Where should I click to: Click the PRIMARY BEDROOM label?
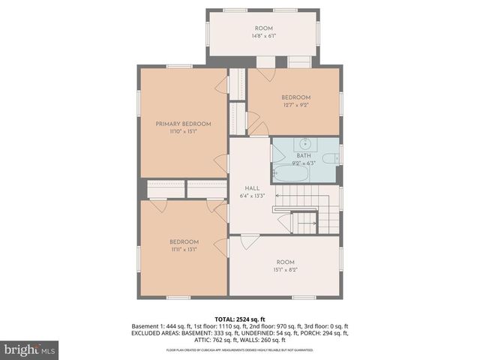pos(183,124)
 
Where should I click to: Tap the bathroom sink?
pos(306,143)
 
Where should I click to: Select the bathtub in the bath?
pos(291,174)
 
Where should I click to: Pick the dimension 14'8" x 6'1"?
pos(262,35)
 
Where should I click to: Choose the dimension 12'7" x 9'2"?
pos(295,105)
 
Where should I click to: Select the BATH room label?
pos(303,154)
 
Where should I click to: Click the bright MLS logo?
pos(30,349)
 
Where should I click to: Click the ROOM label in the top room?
pos(262,28)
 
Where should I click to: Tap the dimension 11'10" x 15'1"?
pos(183,131)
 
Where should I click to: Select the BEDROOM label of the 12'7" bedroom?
pos(295,97)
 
